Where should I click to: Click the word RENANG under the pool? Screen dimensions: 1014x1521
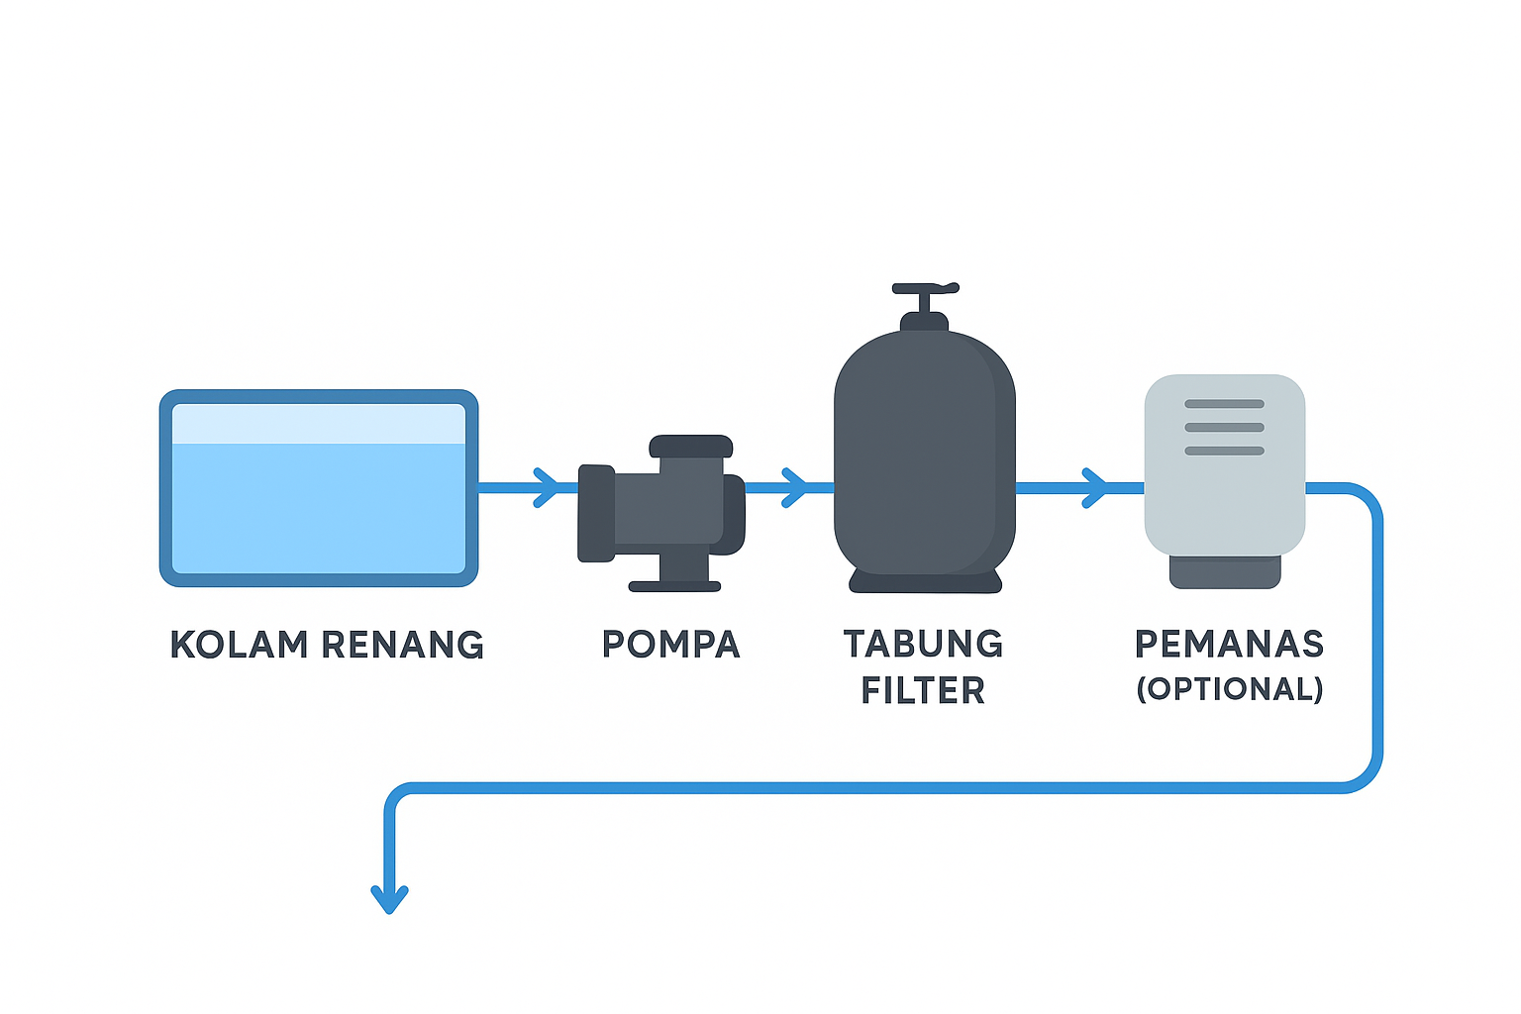coord(403,645)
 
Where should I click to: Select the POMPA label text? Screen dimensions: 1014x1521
coord(670,645)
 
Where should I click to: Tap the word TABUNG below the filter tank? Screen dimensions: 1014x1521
coord(923,645)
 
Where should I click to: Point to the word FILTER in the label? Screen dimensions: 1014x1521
coord(923,691)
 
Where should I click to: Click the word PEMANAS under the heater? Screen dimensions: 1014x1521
coord(1229,645)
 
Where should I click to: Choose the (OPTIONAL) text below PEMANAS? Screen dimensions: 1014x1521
coord(1229,689)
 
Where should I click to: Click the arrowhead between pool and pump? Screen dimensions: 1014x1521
coord(546,487)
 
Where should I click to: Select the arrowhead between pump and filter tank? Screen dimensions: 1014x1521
coord(794,487)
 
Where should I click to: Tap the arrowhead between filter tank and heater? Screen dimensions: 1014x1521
coord(1095,487)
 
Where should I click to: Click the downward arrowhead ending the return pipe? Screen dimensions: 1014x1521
coord(390,899)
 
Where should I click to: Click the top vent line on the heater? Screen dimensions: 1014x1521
coord(1224,404)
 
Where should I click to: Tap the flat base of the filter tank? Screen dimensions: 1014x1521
coord(925,582)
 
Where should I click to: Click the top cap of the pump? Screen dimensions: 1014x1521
coord(690,446)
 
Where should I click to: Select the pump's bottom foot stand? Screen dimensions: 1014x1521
coord(675,585)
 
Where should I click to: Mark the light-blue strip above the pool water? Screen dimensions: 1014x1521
coord(319,424)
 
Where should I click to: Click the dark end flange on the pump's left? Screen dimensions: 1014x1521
coord(595,513)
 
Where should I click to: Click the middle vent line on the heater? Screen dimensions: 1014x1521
coord(1224,428)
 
